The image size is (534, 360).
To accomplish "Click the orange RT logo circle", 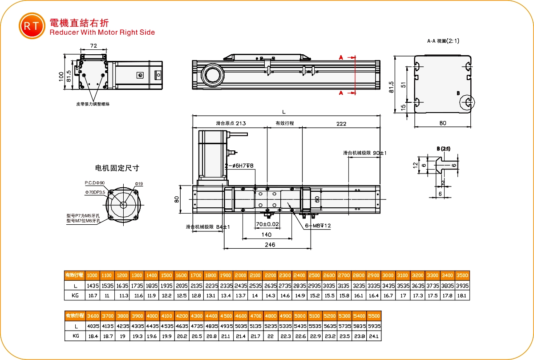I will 32,26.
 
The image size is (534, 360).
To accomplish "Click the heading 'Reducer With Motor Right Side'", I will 102,32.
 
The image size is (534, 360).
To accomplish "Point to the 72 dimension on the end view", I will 93,46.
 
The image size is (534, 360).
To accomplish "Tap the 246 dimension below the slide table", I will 270,245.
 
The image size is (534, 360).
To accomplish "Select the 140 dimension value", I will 266,235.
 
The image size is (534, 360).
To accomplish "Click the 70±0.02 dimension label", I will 267,224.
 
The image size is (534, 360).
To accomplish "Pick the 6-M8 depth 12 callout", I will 318,226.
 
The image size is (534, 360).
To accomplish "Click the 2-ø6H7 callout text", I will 239,166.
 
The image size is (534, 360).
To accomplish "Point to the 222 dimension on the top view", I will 341,124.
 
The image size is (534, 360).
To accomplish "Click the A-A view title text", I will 443,41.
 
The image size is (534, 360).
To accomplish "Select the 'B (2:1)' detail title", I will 443,149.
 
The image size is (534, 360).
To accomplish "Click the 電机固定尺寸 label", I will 117,168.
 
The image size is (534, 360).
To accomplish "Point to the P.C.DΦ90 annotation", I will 94,183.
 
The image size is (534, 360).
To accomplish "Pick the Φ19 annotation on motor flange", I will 138,184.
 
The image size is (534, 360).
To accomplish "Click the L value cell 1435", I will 93,285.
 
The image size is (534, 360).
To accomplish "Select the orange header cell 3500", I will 462,275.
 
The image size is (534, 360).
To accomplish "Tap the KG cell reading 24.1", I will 374,336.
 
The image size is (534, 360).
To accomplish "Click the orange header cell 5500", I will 374,316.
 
